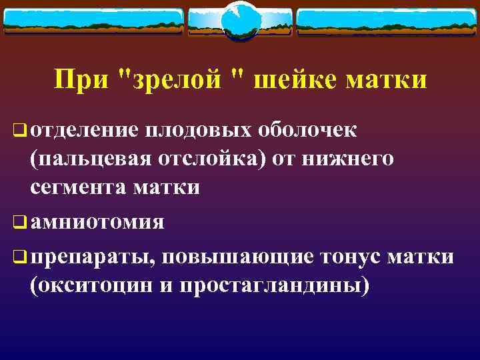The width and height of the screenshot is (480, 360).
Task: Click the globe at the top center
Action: (239, 20)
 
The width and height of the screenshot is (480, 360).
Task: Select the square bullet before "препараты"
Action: (20, 257)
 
